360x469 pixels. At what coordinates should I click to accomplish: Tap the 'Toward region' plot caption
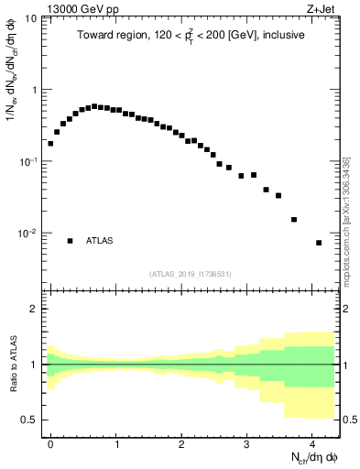191,34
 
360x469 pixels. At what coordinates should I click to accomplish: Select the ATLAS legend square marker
70,241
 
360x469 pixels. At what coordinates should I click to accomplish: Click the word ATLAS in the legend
100,241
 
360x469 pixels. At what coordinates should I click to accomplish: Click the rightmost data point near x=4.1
319,243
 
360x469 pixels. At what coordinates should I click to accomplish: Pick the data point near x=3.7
294,219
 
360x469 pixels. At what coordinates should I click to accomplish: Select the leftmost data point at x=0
50,143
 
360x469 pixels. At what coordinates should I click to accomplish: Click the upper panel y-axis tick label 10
31,19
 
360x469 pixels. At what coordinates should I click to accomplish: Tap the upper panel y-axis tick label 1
34,91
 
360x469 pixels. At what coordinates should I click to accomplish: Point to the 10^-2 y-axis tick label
27,234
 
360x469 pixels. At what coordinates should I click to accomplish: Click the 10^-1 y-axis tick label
27,162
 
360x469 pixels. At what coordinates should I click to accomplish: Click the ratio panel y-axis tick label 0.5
30,420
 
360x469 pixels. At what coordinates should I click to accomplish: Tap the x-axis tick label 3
246,442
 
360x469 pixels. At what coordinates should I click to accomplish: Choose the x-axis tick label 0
50,442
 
